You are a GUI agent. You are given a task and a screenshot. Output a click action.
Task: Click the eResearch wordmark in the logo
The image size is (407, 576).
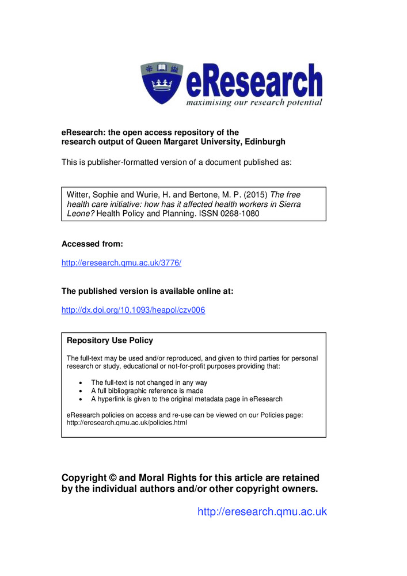point(254,82)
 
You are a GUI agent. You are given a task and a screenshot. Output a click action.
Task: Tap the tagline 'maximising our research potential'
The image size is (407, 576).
point(254,103)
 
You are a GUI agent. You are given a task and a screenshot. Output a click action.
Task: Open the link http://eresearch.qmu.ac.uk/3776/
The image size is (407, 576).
point(121,263)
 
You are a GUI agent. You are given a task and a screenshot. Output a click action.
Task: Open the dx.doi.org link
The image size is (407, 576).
point(133,310)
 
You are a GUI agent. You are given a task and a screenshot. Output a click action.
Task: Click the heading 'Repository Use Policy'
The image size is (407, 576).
point(110,340)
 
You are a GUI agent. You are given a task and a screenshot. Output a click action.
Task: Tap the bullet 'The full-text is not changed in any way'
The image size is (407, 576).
point(149,382)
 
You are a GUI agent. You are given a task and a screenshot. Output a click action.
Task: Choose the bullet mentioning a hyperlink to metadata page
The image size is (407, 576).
point(187,399)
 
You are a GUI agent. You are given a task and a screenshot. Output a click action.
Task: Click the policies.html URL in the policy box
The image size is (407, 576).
point(127,422)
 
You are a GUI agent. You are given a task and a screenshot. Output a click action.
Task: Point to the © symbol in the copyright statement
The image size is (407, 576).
point(113,478)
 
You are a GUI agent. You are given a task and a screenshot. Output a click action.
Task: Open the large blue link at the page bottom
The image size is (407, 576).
point(262,511)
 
